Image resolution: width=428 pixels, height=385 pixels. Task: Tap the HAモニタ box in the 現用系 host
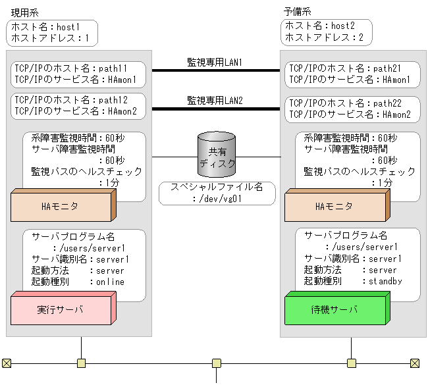[x=60, y=207]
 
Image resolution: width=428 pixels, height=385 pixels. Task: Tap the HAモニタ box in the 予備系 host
[x=334, y=207]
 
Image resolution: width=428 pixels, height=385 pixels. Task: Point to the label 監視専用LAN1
[x=215, y=62]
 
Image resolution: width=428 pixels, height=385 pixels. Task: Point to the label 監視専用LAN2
[x=215, y=100]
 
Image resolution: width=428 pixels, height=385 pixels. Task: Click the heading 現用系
[x=24, y=12]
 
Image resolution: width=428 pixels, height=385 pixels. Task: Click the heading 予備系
[x=297, y=12]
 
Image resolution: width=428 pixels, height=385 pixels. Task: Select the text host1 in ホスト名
[x=69, y=26]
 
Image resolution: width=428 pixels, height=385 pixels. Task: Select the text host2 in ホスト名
[x=343, y=26]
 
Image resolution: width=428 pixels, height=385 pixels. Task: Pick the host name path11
[x=115, y=68]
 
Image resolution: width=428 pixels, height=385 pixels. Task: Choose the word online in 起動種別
[x=110, y=282]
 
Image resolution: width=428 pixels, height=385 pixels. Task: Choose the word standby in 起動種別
[x=385, y=281]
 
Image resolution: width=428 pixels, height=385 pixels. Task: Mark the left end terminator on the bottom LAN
[x=7, y=363]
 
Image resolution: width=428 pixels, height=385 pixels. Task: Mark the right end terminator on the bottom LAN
[x=415, y=363]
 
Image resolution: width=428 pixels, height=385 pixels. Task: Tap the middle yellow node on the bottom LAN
[x=216, y=363]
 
